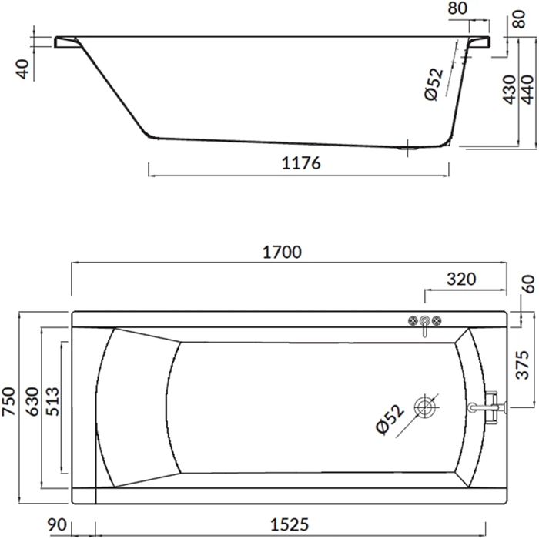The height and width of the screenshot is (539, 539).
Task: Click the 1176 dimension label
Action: (x=301, y=163)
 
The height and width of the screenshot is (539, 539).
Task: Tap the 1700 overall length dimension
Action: (x=283, y=252)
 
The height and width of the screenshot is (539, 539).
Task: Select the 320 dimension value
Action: (x=461, y=279)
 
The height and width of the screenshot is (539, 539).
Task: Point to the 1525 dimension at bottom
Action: (x=290, y=524)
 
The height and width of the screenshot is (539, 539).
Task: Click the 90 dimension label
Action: (x=57, y=524)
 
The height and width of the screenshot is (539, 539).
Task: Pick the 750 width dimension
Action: (x=9, y=401)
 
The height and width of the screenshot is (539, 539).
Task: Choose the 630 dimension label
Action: (x=33, y=401)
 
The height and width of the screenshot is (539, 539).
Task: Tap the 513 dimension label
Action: (x=52, y=401)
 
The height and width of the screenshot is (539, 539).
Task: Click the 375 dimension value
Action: (x=523, y=365)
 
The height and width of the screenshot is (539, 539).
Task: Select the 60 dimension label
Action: (x=529, y=284)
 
